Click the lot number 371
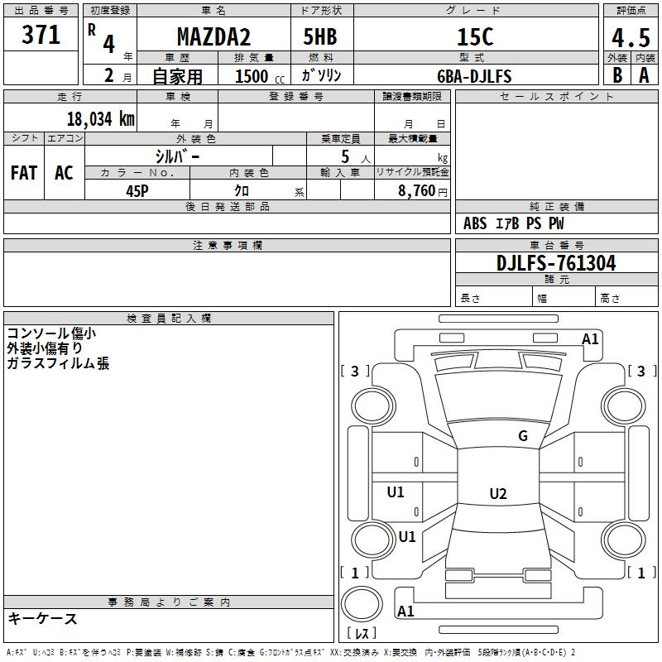[x=41, y=36]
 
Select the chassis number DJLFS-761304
[x=557, y=263]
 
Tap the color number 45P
[x=137, y=190]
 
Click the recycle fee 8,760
[x=416, y=190]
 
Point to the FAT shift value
[x=24, y=173]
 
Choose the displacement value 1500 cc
[x=257, y=76]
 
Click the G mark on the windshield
[x=523, y=436]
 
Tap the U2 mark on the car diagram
[x=497, y=494]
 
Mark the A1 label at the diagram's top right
[x=590, y=338]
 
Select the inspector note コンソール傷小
[x=51, y=333]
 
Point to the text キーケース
[x=42, y=619]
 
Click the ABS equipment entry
[x=475, y=223]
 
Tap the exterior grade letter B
[x=616, y=75]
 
